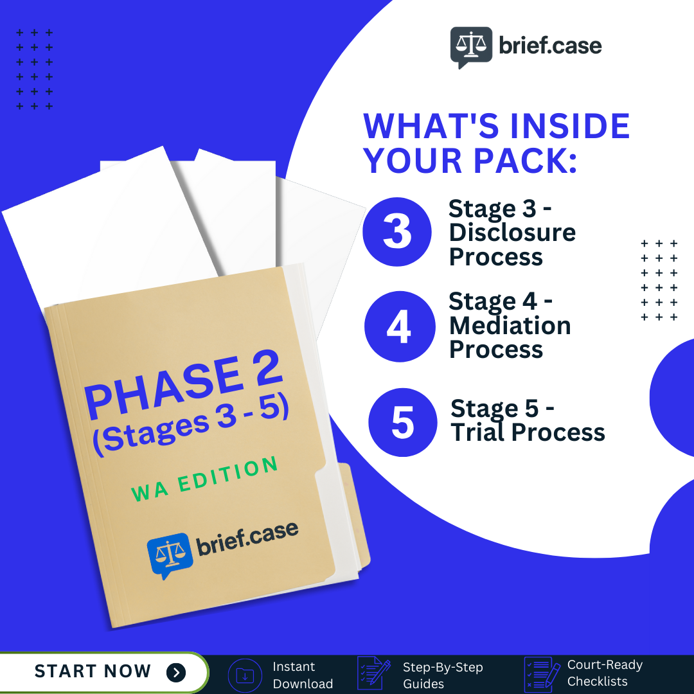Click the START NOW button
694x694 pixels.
tap(103, 672)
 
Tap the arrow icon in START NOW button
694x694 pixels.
tap(175, 672)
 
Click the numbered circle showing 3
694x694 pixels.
tap(396, 232)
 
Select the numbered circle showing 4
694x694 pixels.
tap(398, 326)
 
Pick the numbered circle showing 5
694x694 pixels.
tap(402, 422)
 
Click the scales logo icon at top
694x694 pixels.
tap(471, 47)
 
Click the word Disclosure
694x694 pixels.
tap(512, 233)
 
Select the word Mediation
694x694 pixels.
tap(510, 326)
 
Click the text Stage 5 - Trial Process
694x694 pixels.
tap(527, 421)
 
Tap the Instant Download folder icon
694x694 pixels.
tap(245, 675)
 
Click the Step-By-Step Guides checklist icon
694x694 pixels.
tap(373, 673)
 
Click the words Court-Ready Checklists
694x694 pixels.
tap(604, 673)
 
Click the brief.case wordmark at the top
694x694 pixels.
tap(550, 46)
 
